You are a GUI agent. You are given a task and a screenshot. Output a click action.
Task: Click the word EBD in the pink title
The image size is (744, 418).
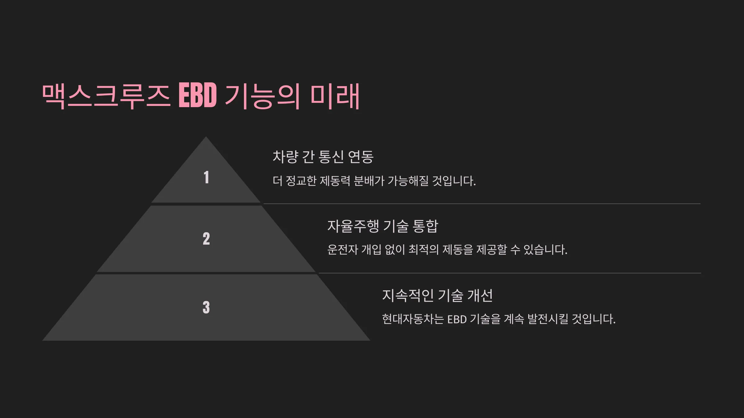coord(197,95)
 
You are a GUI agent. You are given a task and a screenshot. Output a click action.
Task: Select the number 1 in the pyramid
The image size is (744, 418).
coord(206,177)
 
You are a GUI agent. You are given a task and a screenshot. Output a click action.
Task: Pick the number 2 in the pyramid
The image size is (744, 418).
coord(206,239)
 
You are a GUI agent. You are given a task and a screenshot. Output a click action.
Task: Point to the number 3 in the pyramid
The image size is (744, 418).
coord(206,307)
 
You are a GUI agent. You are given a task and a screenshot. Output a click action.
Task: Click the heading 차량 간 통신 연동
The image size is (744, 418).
coord(323,157)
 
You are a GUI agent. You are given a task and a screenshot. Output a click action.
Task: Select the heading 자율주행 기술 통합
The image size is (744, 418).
coord(383,226)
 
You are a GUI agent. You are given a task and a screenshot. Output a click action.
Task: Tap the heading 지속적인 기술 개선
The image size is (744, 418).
coord(437,295)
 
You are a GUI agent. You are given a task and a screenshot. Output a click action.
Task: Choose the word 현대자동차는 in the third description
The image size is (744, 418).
coord(413,319)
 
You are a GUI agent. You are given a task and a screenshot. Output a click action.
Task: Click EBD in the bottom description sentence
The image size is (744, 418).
coord(457,319)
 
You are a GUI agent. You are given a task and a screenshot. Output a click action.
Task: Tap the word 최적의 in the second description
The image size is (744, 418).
coord(424,250)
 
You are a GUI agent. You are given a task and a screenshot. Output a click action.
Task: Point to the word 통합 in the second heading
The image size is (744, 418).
coord(425,226)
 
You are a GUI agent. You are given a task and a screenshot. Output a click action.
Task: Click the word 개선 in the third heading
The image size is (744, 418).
coord(480,295)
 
